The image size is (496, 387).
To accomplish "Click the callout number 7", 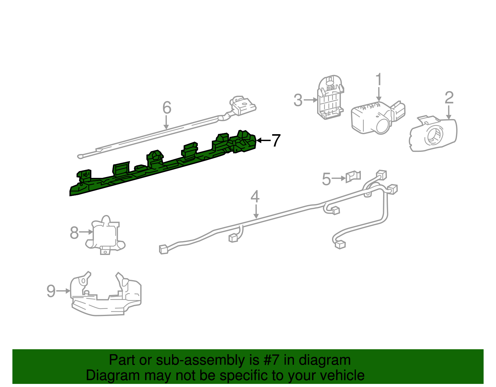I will [x=276, y=141].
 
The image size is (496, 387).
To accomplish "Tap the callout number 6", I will [x=167, y=108].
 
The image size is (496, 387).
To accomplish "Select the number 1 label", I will [x=379, y=80].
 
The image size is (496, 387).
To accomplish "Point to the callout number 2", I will [x=449, y=98].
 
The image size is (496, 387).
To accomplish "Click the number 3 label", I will [x=298, y=100].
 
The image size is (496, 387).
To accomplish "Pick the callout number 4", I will [x=255, y=197].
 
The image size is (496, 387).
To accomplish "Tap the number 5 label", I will [x=326, y=179].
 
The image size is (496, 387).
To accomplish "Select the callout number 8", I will [x=74, y=233].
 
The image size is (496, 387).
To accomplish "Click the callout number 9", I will [x=51, y=291].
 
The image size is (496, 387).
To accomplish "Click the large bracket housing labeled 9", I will [x=105, y=296].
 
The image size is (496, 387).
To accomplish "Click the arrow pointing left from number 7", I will [x=263, y=141].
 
